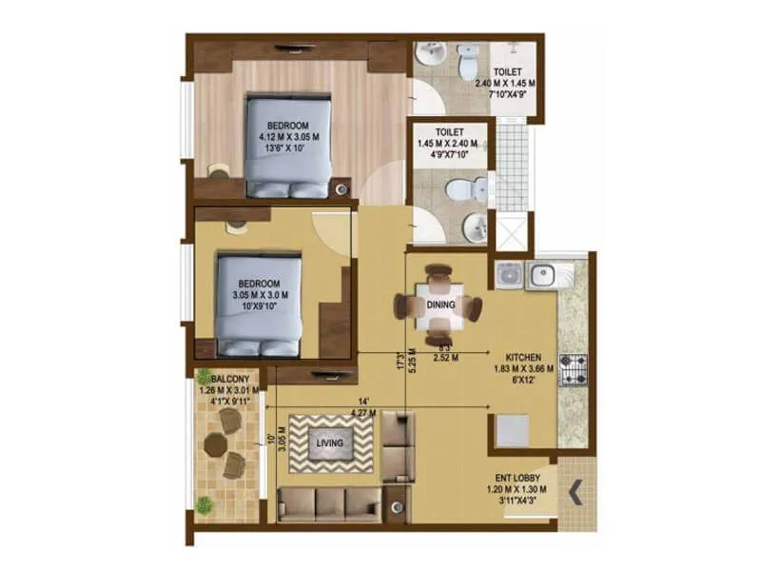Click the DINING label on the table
pyautogui.click(x=440, y=305)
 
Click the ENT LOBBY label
pyautogui.click(x=518, y=480)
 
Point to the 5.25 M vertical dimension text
pyautogui.click(x=411, y=367)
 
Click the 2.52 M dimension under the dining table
pyautogui.click(x=446, y=358)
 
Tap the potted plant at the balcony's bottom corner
pyautogui.click(x=205, y=502)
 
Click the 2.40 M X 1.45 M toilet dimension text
pyautogui.click(x=505, y=83)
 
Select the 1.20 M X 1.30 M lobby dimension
pyautogui.click(x=518, y=492)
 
